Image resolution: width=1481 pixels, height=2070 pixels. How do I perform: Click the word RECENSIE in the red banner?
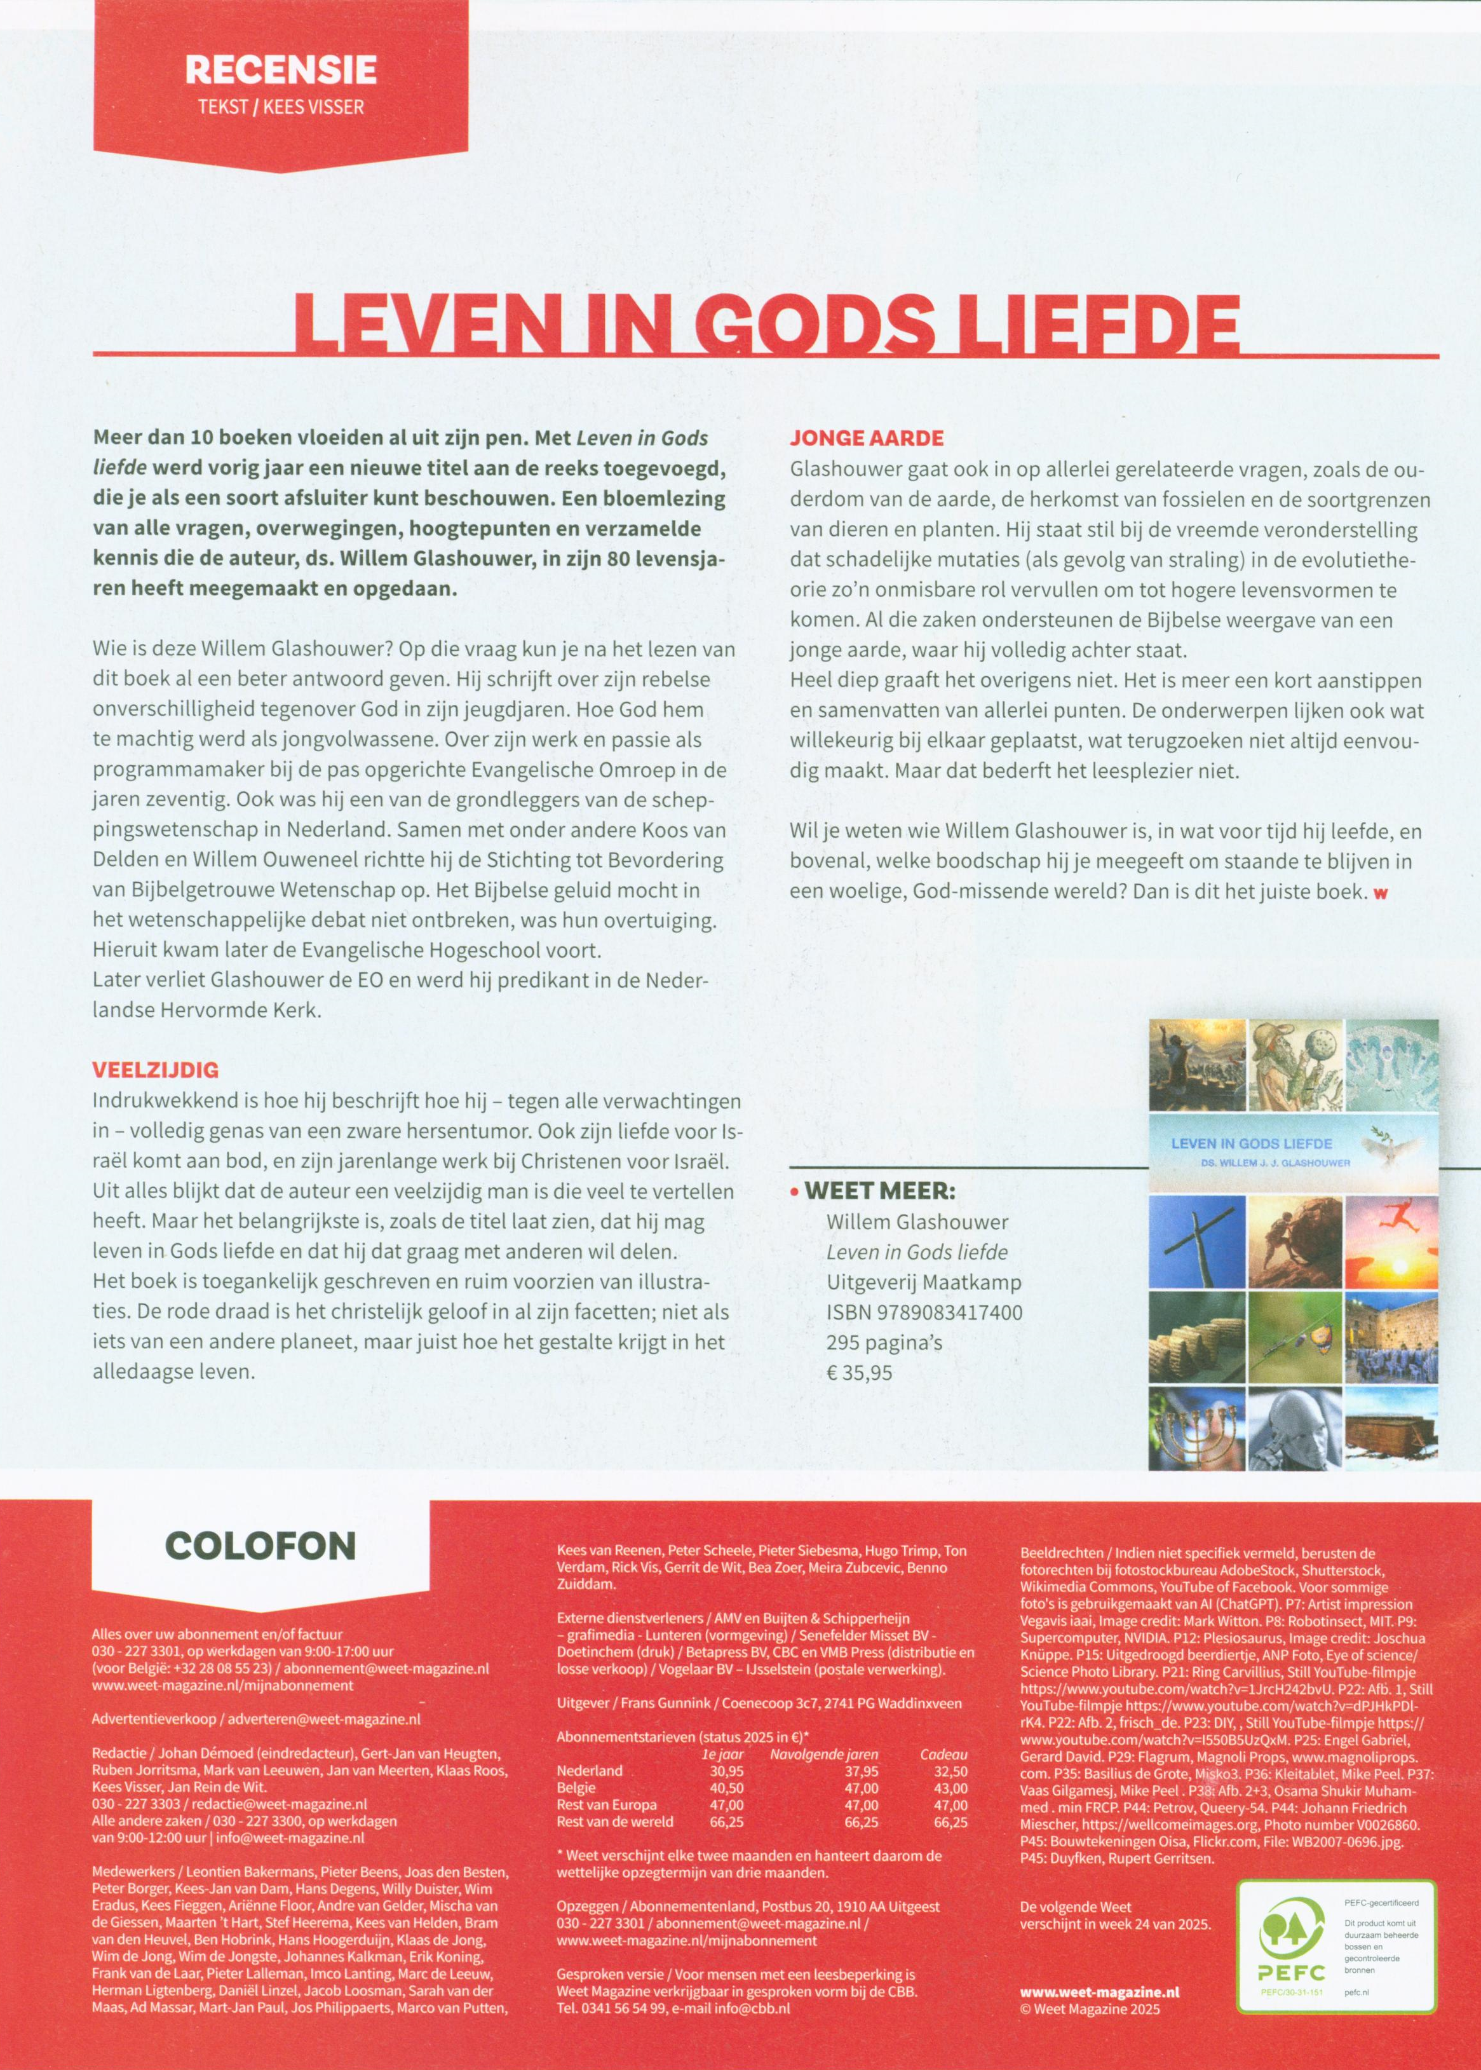[x=280, y=71]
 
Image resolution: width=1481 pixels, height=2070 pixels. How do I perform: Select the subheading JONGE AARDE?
[x=867, y=438]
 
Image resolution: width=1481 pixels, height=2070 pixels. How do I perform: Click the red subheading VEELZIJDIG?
[x=155, y=1070]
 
